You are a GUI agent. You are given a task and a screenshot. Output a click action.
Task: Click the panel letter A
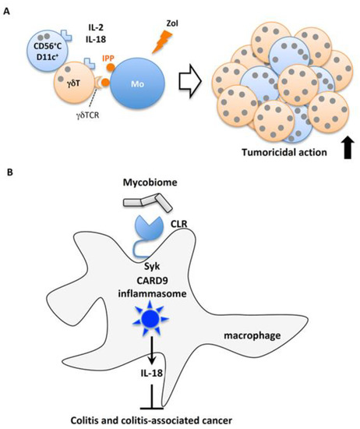(x=7, y=7)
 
